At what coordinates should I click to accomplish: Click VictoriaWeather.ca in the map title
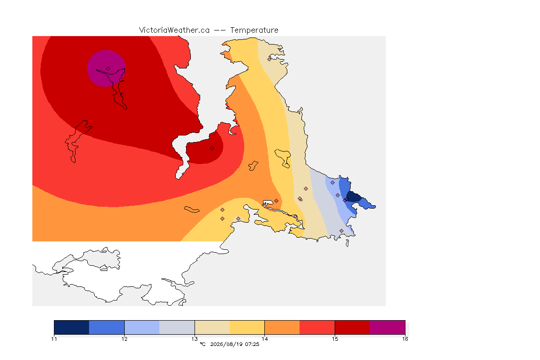pos(174,30)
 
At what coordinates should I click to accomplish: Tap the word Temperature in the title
pos(254,30)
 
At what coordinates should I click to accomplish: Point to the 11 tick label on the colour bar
pos(54,339)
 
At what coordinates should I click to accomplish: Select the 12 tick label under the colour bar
pos(124,339)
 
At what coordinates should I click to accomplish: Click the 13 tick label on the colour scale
pos(195,339)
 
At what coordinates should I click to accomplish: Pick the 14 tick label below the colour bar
pos(264,339)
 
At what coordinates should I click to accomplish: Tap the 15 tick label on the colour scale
pos(335,339)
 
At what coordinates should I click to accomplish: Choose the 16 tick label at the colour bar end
pos(405,339)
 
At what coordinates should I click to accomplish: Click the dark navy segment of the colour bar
pos(72,327)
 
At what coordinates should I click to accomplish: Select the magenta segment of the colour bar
pos(388,327)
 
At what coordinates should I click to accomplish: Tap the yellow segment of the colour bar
pos(247,327)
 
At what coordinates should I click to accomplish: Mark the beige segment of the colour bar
pos(212,327)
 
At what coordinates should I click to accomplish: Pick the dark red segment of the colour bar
pos(352,327)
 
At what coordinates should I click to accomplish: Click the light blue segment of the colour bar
pos(142,327)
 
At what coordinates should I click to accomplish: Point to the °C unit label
pos(202,344)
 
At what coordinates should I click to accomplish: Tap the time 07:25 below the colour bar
pos(252,344)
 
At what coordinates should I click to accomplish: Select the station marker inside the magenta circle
pos(108,69)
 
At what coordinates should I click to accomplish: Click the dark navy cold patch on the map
pos(354,197)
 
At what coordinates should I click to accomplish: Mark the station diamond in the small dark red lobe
pos(212,149)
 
